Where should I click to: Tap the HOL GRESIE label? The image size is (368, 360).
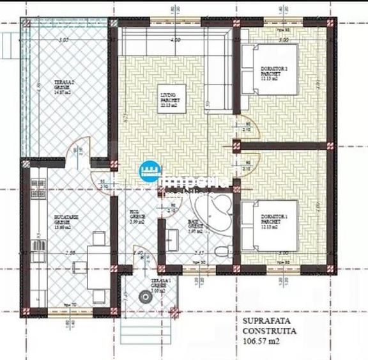pos(138,217)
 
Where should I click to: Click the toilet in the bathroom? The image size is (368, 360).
pos(219,251)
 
